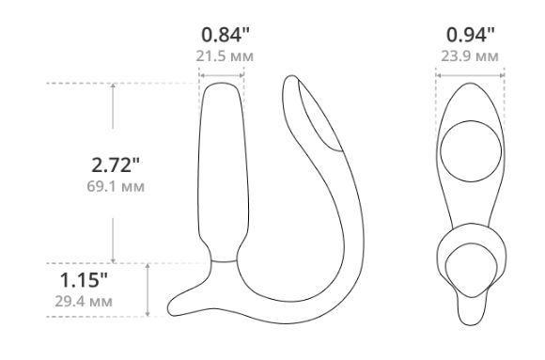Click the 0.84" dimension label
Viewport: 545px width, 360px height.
pos(226,35)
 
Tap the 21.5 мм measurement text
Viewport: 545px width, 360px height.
pos(225,56)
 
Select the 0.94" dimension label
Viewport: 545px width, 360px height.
pos(470,35)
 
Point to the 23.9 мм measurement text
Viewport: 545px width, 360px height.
pos(470,56)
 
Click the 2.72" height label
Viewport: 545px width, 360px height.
pos(116,164)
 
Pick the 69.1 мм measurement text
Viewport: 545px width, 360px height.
pos(116,186)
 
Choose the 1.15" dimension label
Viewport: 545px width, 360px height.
pos(84,280)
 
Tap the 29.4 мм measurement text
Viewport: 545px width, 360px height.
pos(84,301)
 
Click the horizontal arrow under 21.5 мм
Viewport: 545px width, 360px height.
pos(222,75)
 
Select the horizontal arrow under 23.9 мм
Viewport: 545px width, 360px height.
pos(470,75)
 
